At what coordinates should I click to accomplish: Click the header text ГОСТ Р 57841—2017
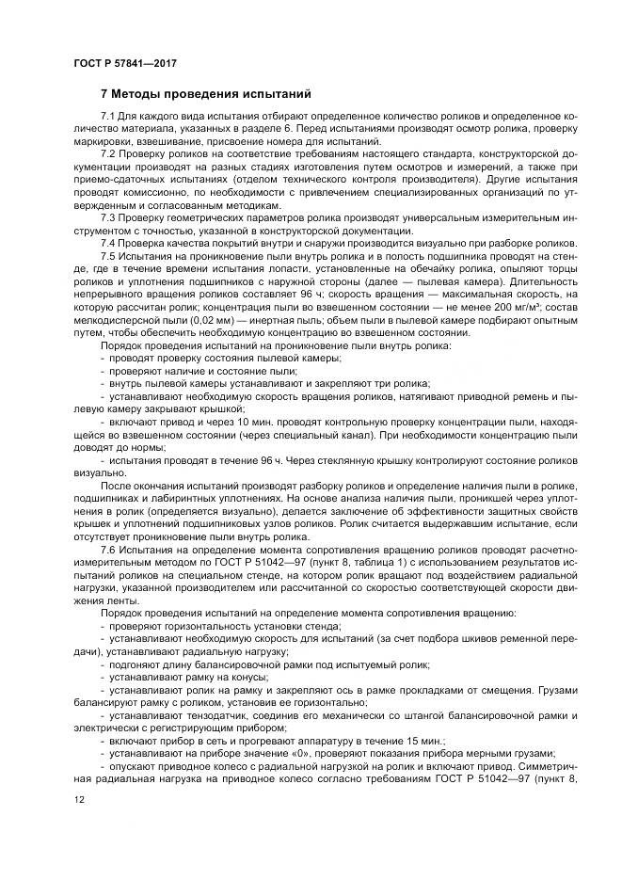click(x=125, y=62)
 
